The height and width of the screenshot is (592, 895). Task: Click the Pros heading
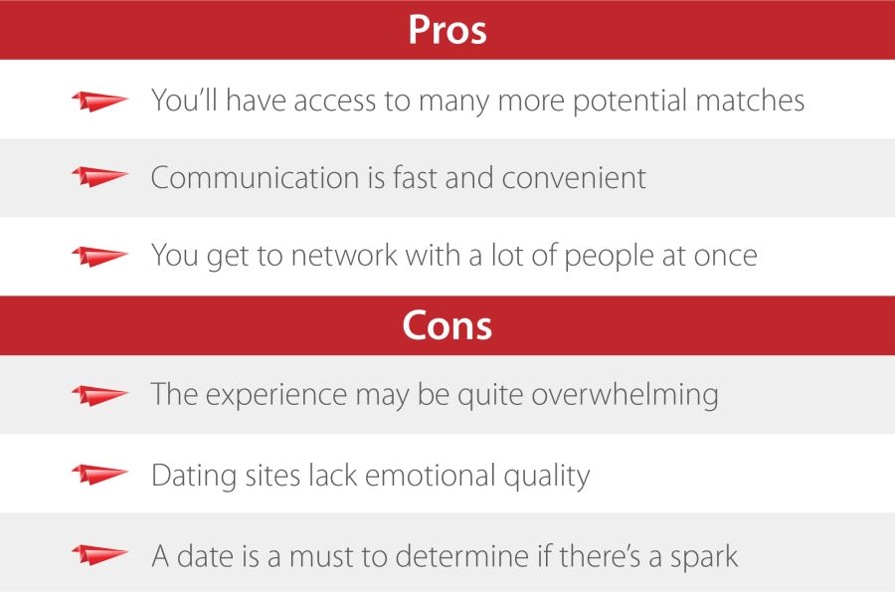[447, 30]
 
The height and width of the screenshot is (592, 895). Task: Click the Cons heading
[447, 325]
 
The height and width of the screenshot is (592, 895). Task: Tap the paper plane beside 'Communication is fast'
[99, 178]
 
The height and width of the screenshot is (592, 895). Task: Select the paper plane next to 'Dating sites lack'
[99, 475]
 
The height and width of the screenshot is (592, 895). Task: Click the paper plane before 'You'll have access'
[99, 100]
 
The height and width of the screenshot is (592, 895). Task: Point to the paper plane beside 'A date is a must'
[99, 554]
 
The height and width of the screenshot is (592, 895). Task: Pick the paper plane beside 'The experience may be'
[99, 395]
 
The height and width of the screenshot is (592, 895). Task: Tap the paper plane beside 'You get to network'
[99, 256]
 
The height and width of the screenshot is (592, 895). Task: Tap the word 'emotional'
[445, 475]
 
